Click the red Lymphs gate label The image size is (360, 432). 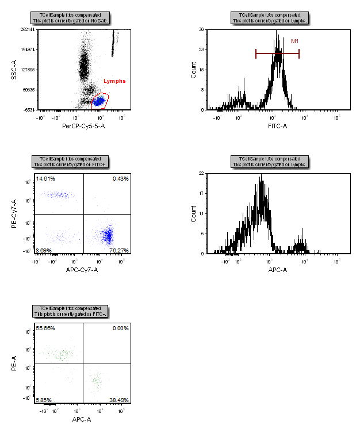pyautogui.click(x=114, y=81)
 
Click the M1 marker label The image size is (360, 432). pyautogui.click(x=294, y=41)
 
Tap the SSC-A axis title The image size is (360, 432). pyautogui.click(x=14, y=70)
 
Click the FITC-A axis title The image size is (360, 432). pyautogui.click(x=277, y=125)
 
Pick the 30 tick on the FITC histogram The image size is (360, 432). pyautogui.click(x=201, y=29)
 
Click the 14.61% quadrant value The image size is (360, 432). pyautogui.click(x=45, y=179)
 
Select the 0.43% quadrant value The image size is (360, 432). pyautogui.click(x=121, y=179)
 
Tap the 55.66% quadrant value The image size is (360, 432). pyautogui.click(x=45, y=327)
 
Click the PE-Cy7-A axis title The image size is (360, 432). pyautogui.click(x=14, y=213)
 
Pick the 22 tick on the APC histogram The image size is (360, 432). pyautogui.click(x=201, y=173)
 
